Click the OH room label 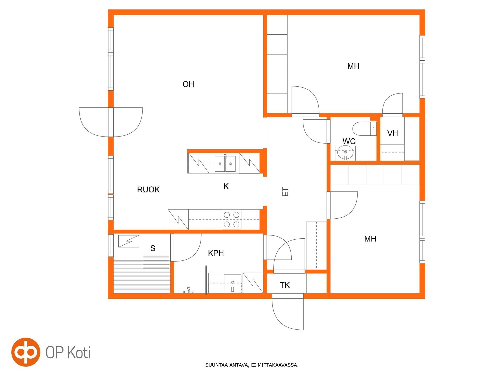[x=188, y=84]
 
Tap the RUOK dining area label [x=148, y=190]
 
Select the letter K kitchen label [x=226, y=186]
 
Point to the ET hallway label [x=285, y=192]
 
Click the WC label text [x=349, y=141]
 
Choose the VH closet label [x=393, y=133]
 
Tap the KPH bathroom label [x=216, y=253]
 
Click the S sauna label [x=153, y=248]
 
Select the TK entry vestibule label [x=285, y=285]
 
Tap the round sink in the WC [x=345, y=153]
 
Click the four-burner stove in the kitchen [x=232, y=219]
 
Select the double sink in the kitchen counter [x=225, y=164]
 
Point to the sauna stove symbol [x=129, y=241]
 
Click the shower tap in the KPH [x=189, y=290]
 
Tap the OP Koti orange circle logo [x=26, y=352]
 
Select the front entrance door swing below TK [x=288, y=312]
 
